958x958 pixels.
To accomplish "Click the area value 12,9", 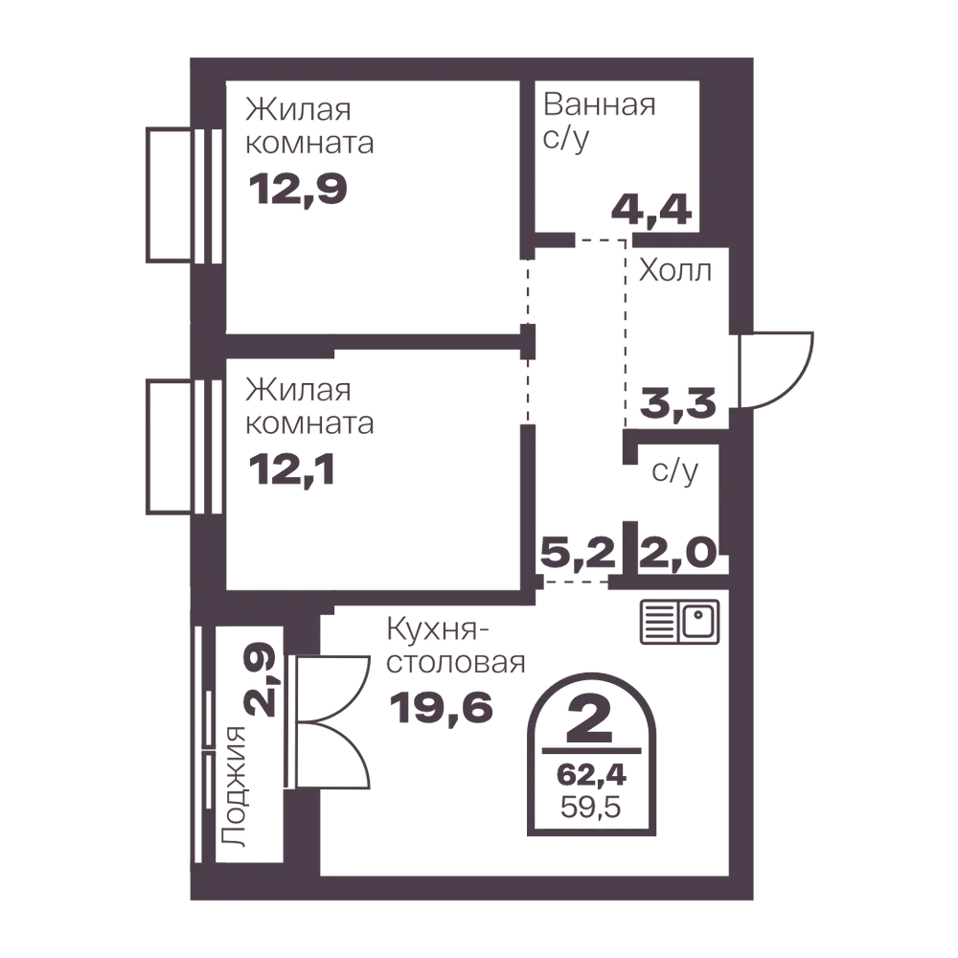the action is (x=298, y=189).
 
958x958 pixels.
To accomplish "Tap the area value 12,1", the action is (x=291, y=470).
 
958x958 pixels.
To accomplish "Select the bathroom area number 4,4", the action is (x=651, y=210).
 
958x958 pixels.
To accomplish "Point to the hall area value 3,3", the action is (x=677, y=403).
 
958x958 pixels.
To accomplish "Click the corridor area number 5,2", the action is (x=578, y=553).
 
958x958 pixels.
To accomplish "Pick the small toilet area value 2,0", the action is (x=677, y=553).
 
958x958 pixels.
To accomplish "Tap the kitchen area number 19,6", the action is (x=441, y=708).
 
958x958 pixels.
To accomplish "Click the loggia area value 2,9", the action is (x=261, y=679).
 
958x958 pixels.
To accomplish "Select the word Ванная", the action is (x=600, y=104).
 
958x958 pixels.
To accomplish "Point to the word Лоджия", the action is (x=233, y=787).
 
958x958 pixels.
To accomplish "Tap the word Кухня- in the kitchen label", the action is (x=438, y=628).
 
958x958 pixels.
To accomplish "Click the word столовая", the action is (x=456, y=662).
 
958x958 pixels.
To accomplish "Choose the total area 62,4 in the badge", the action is (x=591, y=775).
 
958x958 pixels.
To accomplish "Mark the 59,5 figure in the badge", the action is (x=591, y=807).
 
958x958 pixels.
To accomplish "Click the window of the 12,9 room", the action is (x=184, y=194).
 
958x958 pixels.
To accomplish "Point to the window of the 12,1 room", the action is (x=184, y=446).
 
